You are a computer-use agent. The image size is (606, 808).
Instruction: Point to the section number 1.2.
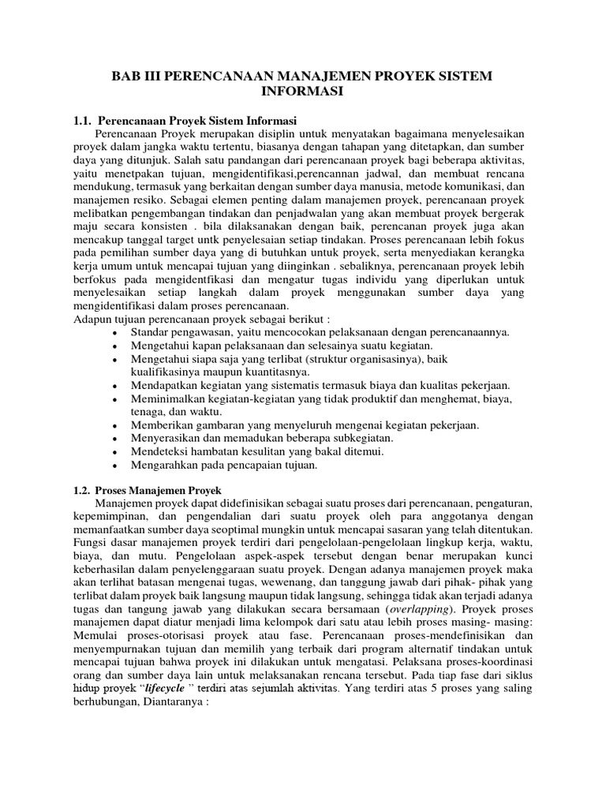[x=84, y=490]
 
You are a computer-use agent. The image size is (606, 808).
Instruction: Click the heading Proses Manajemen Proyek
[x=163, y=490]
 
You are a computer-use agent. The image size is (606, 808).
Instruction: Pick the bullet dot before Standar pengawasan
[x=115, y=331]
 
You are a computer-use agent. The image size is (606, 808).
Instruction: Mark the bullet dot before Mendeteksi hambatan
[x=115, y=451]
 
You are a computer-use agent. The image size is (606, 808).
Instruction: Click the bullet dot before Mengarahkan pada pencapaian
[x=115, y=465]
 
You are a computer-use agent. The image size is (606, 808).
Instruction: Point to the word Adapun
[x=92, y=318]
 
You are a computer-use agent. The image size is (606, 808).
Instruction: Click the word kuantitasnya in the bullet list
[x=279, y=371]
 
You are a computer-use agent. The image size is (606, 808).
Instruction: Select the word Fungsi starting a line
[x=90, y=544]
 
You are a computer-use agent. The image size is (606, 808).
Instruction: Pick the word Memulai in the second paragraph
[x=95, y=638]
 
